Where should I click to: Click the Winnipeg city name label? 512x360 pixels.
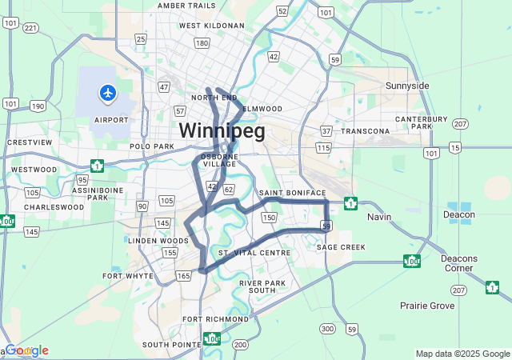tap(222, 130)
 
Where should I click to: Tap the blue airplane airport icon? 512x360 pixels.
tap(107, 94)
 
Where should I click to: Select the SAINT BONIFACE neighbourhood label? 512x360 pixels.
tap(292, 193)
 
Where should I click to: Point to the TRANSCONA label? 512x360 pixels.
tap(365, 130)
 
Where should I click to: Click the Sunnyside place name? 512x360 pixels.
tap(407, 86)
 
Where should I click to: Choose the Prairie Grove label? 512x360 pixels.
tap(427, 306)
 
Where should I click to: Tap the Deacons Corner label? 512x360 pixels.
tap(458, 263)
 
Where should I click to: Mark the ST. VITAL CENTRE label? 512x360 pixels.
tap(254, 253)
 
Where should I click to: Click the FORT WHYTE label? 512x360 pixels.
tap(128, 275)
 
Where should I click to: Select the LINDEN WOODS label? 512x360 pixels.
tap(158, 240)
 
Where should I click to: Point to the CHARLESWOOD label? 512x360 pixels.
tap(54, 206)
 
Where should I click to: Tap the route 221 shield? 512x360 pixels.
tap(30, 28)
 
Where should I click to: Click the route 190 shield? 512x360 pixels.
tap(38, 106)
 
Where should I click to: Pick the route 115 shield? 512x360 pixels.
tap(323, 148)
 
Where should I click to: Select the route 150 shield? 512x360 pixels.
tap(269, 218)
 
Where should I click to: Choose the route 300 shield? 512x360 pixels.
tap(327, 329)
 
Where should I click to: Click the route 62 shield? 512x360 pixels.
tap(229, 190)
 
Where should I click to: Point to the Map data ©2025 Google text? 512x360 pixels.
tap(462, 354)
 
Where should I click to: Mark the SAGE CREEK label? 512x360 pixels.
tap(341, 247)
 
